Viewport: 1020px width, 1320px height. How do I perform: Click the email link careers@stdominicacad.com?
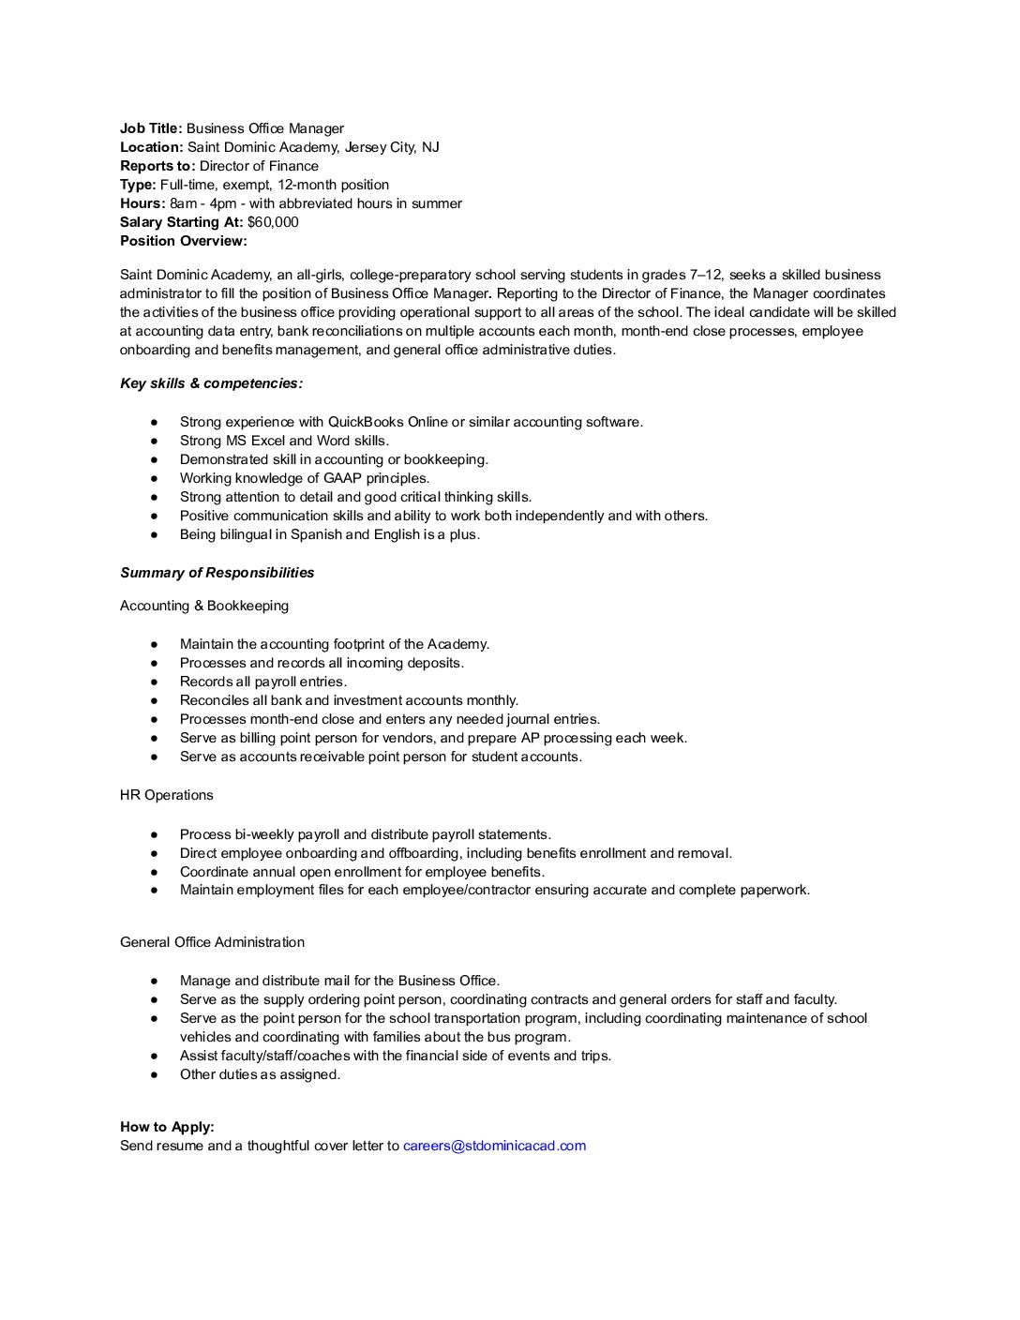[494, 1146]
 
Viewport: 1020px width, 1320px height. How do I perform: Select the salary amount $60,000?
[273, 222]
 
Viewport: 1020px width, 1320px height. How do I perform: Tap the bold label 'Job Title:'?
[151, 128]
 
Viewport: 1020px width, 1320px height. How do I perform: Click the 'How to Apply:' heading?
[167, 1127]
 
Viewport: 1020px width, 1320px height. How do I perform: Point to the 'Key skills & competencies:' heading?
[211, 383]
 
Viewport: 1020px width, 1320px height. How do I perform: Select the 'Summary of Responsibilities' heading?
[217, 573]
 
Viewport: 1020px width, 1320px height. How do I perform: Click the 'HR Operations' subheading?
[166, 795]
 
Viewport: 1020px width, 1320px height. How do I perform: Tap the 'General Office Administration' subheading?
[212, 942]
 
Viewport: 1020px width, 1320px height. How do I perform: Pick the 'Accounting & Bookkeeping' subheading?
[204, 606]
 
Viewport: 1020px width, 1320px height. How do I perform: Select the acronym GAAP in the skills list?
[342, 478]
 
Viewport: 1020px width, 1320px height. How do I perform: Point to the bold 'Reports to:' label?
[157, 166]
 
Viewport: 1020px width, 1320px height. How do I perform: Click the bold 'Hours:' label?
[142, 203]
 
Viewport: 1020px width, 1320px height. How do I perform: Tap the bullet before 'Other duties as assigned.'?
[154, 1074]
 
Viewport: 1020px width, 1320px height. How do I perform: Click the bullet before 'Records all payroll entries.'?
[154, 682]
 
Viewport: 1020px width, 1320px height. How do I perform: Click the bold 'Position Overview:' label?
[184, 241]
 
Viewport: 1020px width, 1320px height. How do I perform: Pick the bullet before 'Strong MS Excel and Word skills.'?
[154, 441]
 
